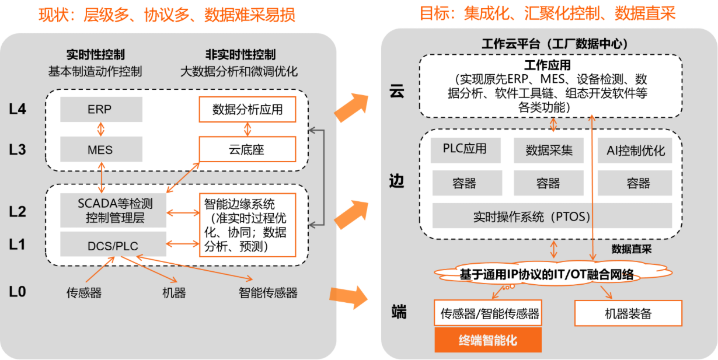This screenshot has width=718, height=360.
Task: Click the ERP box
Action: [x=102, y=109]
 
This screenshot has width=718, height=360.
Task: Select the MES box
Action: [x=102, y=149]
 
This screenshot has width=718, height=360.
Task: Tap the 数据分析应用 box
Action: [x=248, y=110]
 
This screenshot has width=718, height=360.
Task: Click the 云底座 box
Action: [x=248, y=149]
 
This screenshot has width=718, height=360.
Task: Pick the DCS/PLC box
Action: [x=113, y=244]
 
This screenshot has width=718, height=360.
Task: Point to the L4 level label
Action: [x=18, y=109]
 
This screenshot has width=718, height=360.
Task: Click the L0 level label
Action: [x=18, y=292]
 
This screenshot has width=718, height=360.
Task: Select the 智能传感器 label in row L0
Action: [x=268, y=293]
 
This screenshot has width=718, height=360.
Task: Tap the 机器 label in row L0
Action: [x=174, y=293]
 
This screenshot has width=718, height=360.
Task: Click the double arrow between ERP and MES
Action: [x=100, y=130]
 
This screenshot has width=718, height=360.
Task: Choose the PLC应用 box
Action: [x=465, y=150]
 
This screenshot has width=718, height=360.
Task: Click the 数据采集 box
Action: [x=549, y=150]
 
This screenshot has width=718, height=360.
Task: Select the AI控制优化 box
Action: [x=635, y=150]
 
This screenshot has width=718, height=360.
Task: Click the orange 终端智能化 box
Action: [x=488, y=340]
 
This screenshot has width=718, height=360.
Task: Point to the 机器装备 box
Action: [x=628, y=313]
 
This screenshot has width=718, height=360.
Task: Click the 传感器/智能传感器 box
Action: [x=488, y=313]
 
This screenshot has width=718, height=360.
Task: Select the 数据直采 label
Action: [x=632, y=249]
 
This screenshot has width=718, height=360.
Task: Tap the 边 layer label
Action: [x=397, y=181]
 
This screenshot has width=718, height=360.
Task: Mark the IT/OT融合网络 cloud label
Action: [x=547, y=274]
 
